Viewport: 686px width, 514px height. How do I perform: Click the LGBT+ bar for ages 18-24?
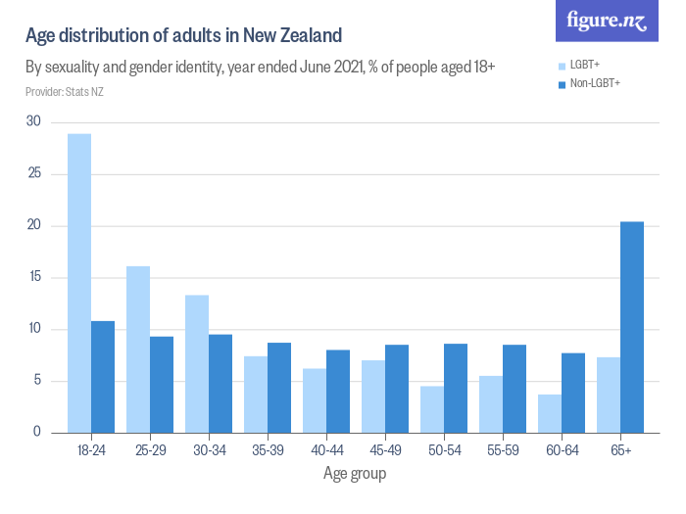coord(79,283)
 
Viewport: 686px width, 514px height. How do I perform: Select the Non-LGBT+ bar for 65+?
coord(632,327)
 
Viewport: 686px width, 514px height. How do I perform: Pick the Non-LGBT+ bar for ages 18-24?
coord(103,377)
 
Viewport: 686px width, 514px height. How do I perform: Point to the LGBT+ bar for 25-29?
coord(138,350)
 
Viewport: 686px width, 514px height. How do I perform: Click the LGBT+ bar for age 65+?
coord(609,395)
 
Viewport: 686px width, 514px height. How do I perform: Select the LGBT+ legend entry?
coord(584,65)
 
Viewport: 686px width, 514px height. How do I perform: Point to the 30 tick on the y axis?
coord(34,122)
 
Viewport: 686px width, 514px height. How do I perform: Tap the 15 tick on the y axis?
coord(34,277)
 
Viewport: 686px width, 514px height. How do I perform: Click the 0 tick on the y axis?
coord(37,433)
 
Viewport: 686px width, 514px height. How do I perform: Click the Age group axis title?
coord(355,475)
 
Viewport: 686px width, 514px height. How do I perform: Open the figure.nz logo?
coord(607,22)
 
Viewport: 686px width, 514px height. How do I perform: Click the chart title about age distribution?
coord(183,36)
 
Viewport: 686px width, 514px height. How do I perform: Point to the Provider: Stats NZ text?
coord(65,92)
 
